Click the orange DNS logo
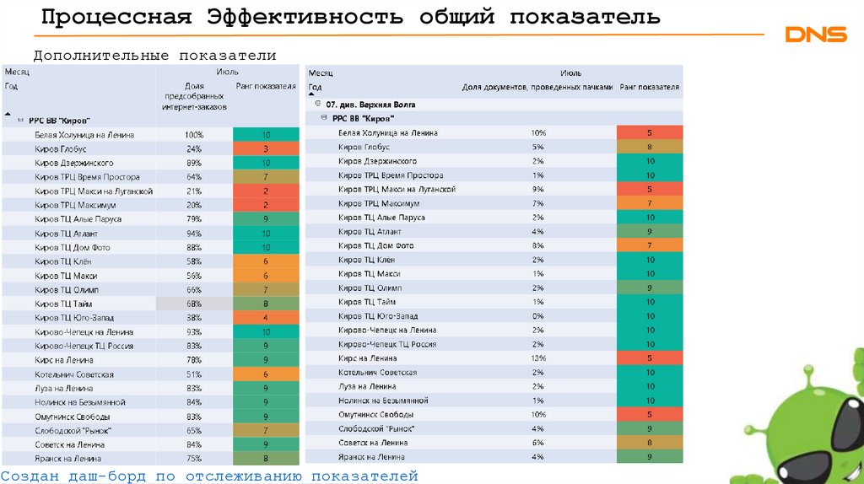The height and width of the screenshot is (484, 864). click(x=815, y=35)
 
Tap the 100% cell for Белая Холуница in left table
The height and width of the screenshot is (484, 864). click(x=194, y=135)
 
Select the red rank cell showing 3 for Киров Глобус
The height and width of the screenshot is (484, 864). click(x=265, y=149)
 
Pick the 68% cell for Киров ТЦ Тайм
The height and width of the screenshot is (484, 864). click(x=194, y=304)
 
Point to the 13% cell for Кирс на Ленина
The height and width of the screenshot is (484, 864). click(x=538, y=358)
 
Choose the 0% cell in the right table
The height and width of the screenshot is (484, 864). click(x=538, y=316)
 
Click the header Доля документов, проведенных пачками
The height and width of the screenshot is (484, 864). click(x=537, y=87)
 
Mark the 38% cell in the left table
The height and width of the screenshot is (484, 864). click(x=194, y=318)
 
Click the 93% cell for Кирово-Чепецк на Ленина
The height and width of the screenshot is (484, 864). click(x=194, y=332)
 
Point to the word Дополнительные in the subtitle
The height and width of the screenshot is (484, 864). click(x=100, y=56)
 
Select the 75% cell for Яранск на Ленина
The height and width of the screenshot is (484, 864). click(x=194, y=459)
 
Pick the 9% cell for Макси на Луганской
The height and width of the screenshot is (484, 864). click(x=538, y=189)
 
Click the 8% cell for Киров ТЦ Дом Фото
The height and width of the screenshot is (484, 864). click(x=538, y=245)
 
